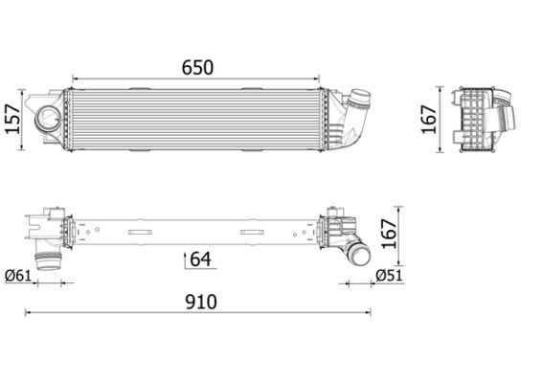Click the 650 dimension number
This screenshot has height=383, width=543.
point(197,68)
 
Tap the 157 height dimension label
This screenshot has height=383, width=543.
point(12,119)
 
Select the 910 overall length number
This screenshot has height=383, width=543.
point(201,302)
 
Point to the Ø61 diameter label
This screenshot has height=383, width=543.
point(18,276)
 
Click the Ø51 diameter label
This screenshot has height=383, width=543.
point(389,276)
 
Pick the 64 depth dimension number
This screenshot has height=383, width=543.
point(200,259)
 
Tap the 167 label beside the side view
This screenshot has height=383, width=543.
point(428,119)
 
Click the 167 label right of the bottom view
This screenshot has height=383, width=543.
point(389,234)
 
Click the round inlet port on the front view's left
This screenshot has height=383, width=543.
point(48,119)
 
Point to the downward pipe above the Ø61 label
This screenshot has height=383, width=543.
point(48,258)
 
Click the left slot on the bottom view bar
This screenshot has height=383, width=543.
point(140,232)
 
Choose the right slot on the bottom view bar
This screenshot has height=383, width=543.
point(253,232)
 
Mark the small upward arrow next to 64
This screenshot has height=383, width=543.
point(185,260)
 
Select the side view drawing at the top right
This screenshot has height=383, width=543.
point(484,120)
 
